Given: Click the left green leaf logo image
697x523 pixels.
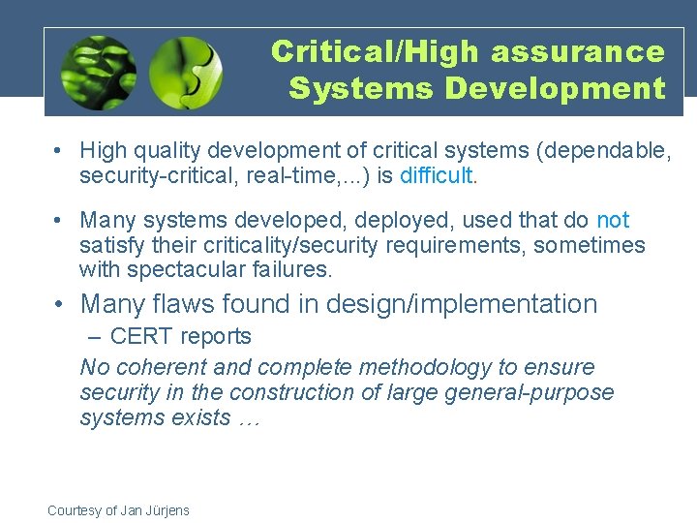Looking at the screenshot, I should [98, 72].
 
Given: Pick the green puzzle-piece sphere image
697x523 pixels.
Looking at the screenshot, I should [186, 72].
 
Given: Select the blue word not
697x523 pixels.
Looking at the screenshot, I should [613, 221].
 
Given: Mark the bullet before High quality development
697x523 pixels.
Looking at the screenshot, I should [60, 151].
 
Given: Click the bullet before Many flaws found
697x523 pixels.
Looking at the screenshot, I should [60, 304].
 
